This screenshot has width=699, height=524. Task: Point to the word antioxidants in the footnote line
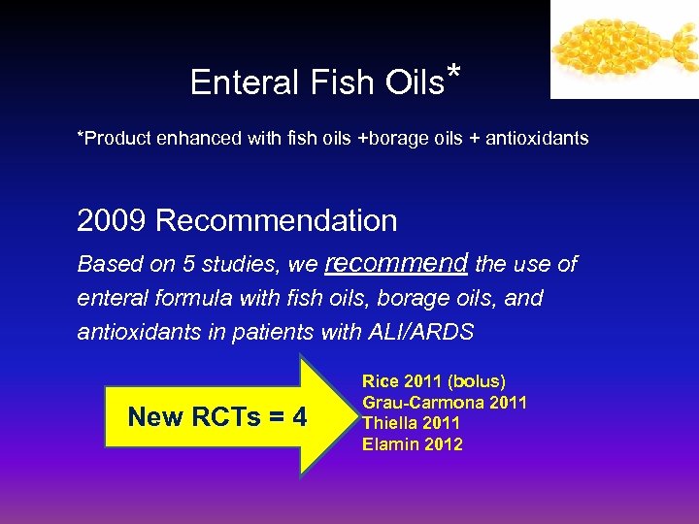(538, 139)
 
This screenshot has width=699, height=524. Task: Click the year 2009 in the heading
(112, 221)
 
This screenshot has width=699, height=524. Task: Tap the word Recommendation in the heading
(277, 221)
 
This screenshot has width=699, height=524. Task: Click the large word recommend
(397, 263)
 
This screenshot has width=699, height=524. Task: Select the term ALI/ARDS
(422, 332)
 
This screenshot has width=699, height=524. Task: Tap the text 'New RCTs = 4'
(217, 417)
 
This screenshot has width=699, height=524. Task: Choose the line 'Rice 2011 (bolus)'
(434, 381)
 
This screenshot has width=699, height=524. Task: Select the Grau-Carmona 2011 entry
(445, 403)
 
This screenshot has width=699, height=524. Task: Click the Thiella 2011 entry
(412, 423)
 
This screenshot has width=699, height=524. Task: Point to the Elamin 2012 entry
(413, 444)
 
